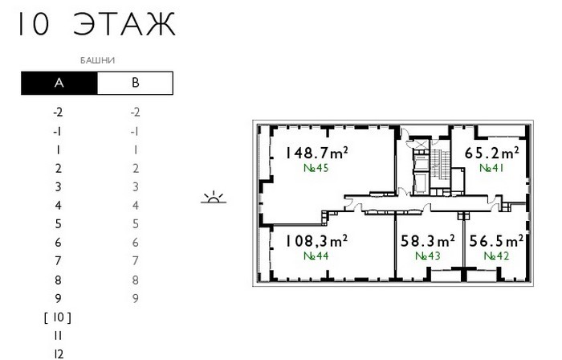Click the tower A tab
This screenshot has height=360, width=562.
click(59, 84)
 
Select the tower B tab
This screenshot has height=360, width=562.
click(135, 84)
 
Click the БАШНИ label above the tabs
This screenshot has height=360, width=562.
click(97, 60)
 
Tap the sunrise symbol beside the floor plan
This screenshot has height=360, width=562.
click(214, 197)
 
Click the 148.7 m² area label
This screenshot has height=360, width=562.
click(316, 153)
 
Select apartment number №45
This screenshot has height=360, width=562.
click(316, 168)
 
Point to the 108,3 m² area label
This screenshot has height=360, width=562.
click(316, 241)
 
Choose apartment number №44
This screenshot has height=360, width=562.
click(316, 256)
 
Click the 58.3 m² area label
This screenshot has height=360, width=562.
click(428, 241)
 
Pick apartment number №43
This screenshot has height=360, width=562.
click(428, 256)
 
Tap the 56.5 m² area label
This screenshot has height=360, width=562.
click(496, 241)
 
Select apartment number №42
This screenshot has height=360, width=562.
click(496, 256)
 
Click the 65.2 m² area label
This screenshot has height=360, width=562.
click(491, 153)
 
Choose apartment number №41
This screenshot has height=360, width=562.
click(491, 168)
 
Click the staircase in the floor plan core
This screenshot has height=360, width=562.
click(439, 164)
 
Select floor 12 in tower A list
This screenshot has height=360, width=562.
click(59, 354)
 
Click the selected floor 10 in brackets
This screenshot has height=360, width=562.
click(58, 317)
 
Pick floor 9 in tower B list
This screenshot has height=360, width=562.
click(135, 298)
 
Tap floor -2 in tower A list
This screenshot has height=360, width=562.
click(58, 112)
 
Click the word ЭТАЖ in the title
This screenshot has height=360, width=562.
click(124, 24)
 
